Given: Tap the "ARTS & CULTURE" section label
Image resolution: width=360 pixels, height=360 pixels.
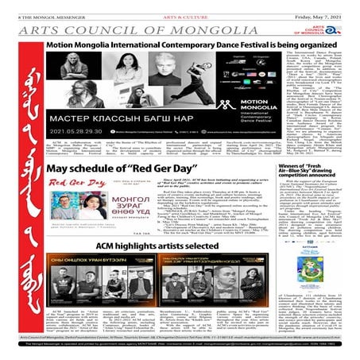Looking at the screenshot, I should pos(178,6).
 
